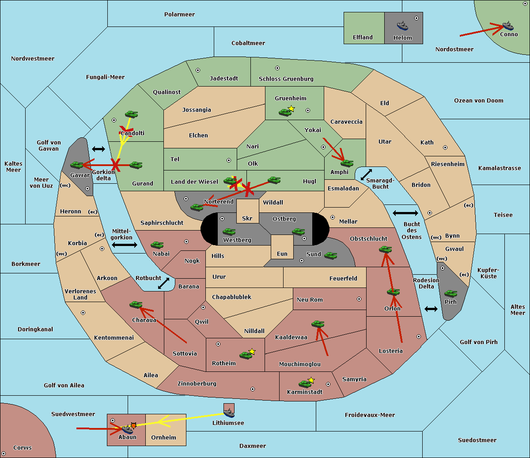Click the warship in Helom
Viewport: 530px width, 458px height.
click(402, 26)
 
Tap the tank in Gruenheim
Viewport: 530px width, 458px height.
click(285, 112)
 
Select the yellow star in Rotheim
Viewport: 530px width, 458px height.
click(252, 351)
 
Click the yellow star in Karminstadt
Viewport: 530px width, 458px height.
click(311, 380)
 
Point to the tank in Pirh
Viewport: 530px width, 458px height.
click(450, 293)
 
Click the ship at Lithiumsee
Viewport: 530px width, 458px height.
click(229, 413)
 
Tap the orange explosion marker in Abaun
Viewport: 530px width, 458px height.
click(133, 426)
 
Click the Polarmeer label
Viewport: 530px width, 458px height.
click(179, 15)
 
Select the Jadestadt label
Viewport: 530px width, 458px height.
click(224, 78)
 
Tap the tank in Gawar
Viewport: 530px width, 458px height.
click(77, 165)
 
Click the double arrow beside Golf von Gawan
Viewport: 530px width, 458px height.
click(98, 149)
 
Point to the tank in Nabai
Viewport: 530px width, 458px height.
click(157, 245)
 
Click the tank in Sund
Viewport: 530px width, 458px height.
click(330, 255)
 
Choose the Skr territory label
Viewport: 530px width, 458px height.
click(247, 218)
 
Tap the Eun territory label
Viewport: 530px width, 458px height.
click(282, 254)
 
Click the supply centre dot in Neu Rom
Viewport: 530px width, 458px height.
click(359, 299)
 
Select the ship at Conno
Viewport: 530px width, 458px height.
click(508, 26)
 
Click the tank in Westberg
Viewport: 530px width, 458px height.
click(229, 231)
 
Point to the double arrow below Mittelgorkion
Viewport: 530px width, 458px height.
click(125, 245)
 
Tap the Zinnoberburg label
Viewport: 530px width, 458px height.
click(197, 383)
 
